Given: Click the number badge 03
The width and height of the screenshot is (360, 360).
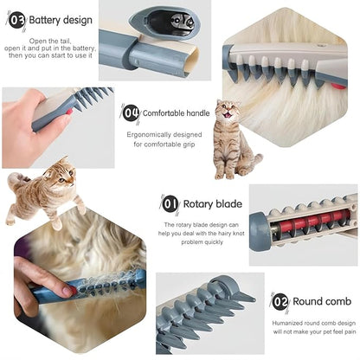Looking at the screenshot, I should coord(16,18).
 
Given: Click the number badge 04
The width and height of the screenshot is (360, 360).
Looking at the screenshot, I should coord(131,113).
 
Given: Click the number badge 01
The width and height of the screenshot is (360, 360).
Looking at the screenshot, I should coord(170,204).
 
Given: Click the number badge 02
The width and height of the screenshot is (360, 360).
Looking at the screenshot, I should coord(280,302).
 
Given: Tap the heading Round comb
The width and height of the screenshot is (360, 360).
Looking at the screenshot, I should coord(322,302).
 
